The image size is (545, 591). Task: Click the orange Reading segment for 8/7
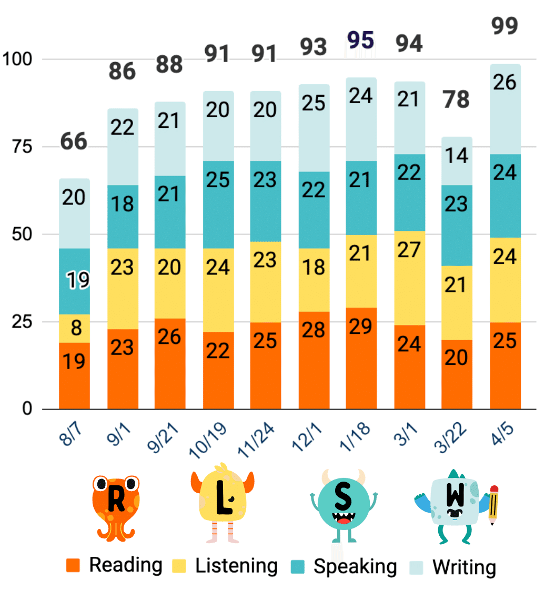74,375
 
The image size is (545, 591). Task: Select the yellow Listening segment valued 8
74,328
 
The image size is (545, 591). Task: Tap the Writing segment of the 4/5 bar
505,109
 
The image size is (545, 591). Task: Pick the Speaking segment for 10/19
218,204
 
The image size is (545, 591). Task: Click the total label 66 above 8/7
74,142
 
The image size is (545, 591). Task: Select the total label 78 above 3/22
456,99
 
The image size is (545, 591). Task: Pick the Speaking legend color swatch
298,566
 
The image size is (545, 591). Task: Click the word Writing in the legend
464,567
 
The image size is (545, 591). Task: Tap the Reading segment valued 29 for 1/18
361,358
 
